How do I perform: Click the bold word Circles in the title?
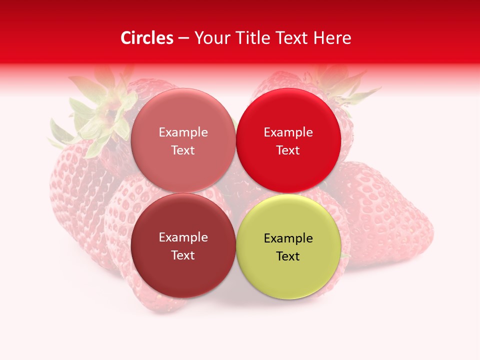[x=146, y=38]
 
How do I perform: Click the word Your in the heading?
[x=211, y=38]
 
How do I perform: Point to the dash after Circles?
[x=183, y=38]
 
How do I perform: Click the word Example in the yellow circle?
[x=288, y=238]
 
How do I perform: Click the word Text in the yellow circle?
[x=288, y=256]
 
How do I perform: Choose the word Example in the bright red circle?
[x=288, y=132]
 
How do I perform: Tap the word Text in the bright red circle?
[x=288, y=150]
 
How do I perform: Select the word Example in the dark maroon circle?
[x=183, y=237]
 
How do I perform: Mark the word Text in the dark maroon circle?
[x=183, y=255]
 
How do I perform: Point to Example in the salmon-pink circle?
[x=183, y=132]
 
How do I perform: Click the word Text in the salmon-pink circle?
[x=183, y=150]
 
